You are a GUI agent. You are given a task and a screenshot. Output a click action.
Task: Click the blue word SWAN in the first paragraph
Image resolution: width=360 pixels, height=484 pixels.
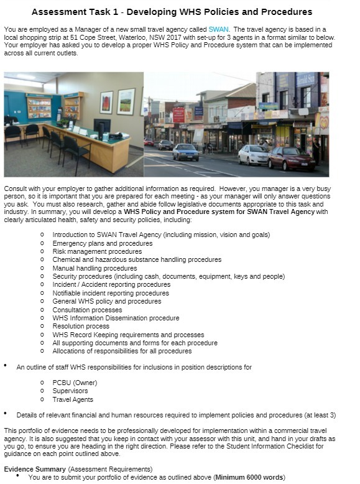[x=218, y=29]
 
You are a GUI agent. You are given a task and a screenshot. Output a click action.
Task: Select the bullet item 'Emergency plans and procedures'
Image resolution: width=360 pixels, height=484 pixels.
[x=102, y=243]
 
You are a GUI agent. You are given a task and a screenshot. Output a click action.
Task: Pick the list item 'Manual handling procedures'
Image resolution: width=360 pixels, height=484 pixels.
[x=95, y=268]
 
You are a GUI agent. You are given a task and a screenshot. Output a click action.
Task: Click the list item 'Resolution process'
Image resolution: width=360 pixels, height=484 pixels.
[x=81, y=326]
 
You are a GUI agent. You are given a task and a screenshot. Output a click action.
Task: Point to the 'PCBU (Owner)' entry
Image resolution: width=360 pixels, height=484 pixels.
[x=75, y=383]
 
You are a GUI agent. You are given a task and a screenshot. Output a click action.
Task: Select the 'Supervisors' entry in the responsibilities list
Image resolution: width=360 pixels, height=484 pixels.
[x=70, y=391]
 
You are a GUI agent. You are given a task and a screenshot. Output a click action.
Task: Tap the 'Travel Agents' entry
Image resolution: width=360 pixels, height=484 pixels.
[x=73, y=399]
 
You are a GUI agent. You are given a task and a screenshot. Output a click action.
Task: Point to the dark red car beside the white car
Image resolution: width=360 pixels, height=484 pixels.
[x=291, y=159]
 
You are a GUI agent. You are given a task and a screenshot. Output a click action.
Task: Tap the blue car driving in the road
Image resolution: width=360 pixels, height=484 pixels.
[x=185, y=152]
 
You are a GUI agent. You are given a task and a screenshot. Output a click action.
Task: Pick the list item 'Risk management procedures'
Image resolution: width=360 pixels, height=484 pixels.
[x=97, y=251]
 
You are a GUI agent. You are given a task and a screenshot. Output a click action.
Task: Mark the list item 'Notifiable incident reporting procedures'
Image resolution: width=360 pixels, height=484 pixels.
[x=111, y=293]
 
